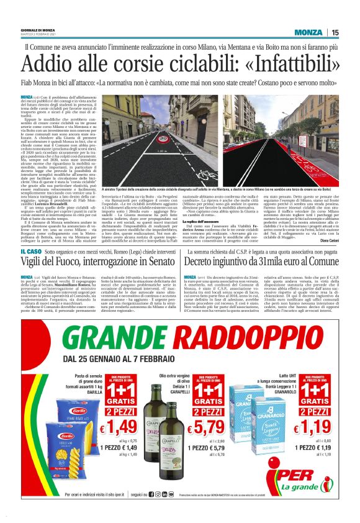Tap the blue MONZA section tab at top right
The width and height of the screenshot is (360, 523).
tap(308, 32)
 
